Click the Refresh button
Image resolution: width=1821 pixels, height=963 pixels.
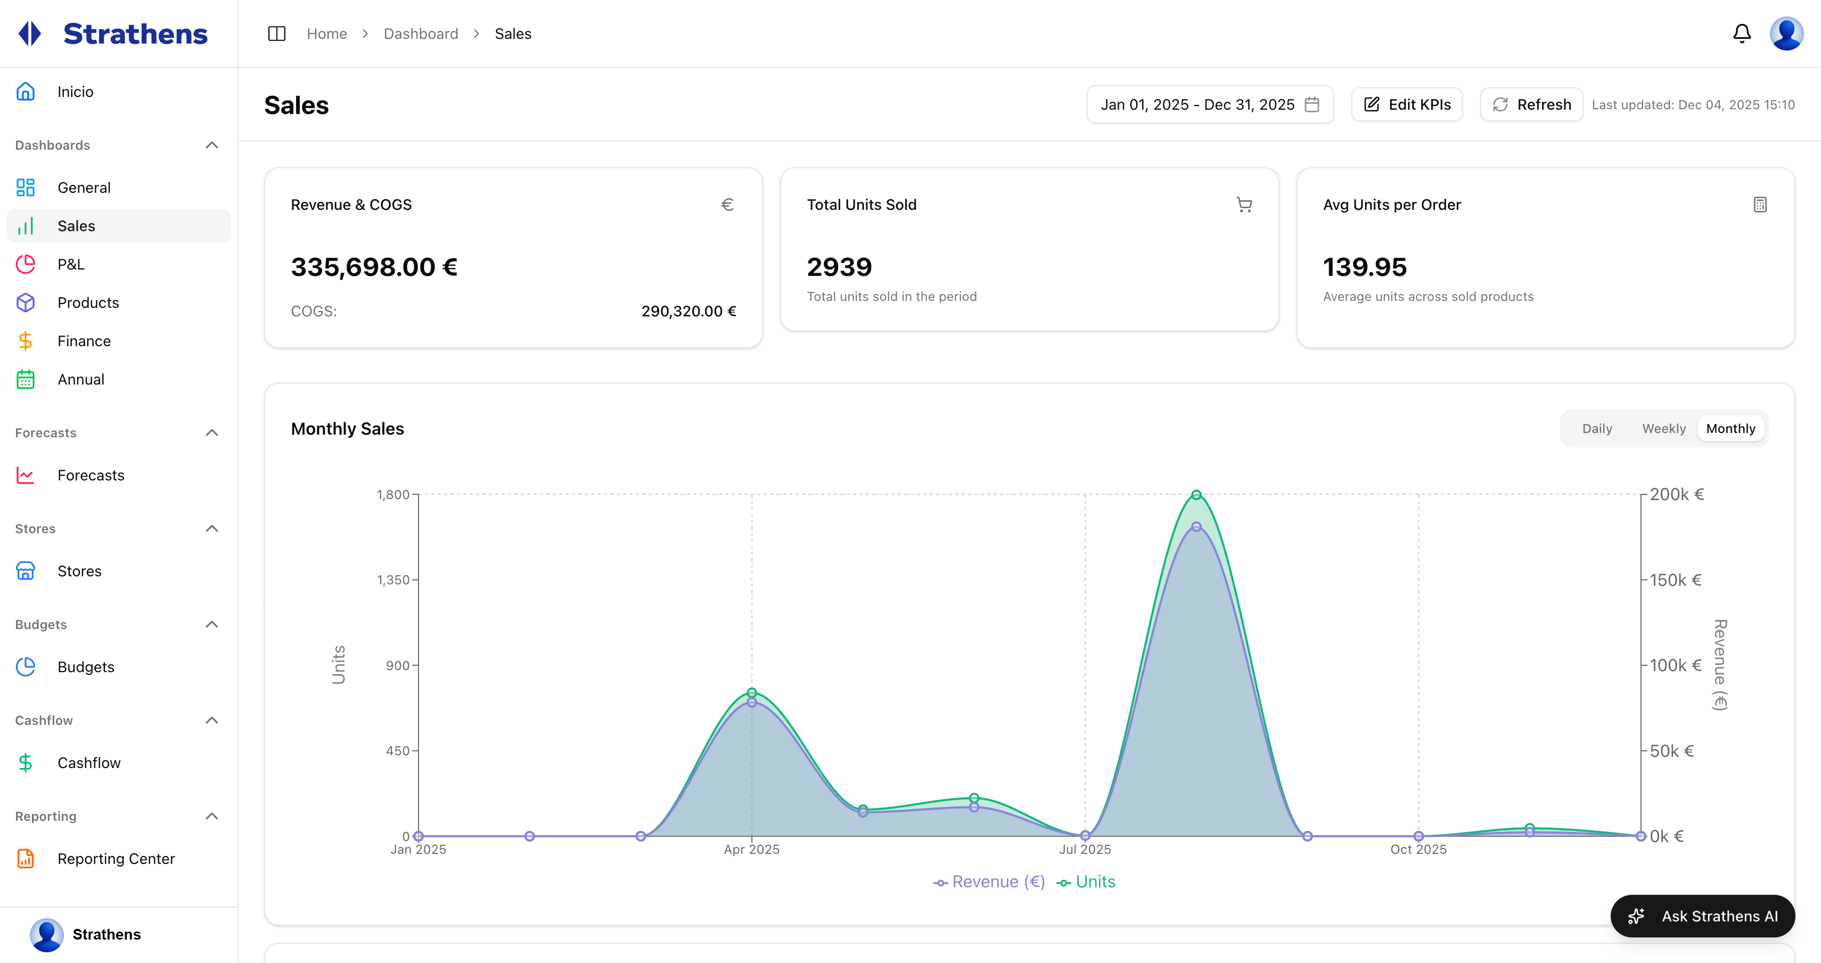click(1531, 104)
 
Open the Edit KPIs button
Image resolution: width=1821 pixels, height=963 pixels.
click(1407, 104)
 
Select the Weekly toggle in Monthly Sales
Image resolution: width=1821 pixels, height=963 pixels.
click(1663, 428)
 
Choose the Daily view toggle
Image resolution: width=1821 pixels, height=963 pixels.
click(1597, 428)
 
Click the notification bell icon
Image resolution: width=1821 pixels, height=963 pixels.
click(1742, 33)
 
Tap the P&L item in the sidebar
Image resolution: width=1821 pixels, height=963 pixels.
click(71, 264)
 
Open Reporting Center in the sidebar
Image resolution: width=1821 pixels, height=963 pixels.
click(116, 859)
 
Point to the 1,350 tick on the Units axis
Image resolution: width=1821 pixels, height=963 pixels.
click(393, 580)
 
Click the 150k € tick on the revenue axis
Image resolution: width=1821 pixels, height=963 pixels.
click(1676, 580)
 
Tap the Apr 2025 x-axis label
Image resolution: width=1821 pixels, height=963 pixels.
click(751, 849)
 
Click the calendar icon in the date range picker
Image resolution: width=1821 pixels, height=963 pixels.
click(1312, 104)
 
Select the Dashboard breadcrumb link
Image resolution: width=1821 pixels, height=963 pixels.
click(421, 34)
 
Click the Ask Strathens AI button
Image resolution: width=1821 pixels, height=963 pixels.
click(1702, 916)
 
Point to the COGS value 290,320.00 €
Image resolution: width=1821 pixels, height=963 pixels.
click(688, 311)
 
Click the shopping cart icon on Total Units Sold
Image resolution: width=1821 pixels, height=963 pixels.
click(1244, 205)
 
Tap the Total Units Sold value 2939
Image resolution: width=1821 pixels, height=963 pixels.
click(839, 267)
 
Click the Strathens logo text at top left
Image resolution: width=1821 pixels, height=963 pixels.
click(135, 34)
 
